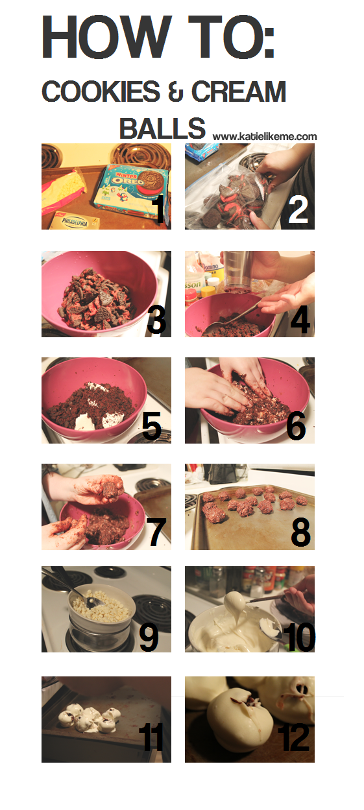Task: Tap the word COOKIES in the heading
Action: click(x=101, y=91)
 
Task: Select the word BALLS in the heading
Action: click(x=162, y=128)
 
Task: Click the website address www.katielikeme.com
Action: click(x=265, y=137)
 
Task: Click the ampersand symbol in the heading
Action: click(x=176, y=91)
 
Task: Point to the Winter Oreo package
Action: click(x=131, y=188)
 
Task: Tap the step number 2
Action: click(x=298, y=211)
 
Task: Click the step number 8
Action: click(x=300, y=532)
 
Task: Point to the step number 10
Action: click(x=299, y=638)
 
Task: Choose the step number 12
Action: click(x=293, y=738)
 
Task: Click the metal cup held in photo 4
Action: click(x=238, y=271)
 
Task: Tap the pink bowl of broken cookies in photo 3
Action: click(x=100, y=293)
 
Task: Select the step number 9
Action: click(x=149, y=638)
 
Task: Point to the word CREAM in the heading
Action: click(x=239, y=91)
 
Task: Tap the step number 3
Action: click(x=156, y=320)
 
